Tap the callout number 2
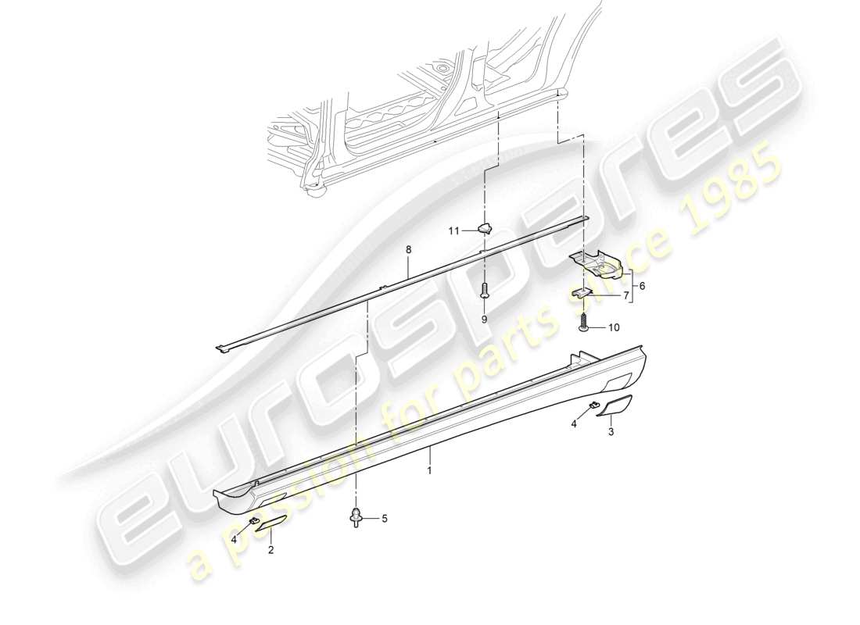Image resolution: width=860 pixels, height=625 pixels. tap(271, 550)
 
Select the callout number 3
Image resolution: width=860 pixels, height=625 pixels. tap(611, 430)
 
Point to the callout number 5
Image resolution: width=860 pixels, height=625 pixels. tap(384, 518)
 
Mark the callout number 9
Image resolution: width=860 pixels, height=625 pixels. tap(484, 320)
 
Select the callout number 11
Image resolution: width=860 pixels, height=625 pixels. tap(453, 230)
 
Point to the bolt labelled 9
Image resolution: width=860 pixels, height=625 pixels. tap(484, 292)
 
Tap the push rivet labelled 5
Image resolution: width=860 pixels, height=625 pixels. tap(357, 517)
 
